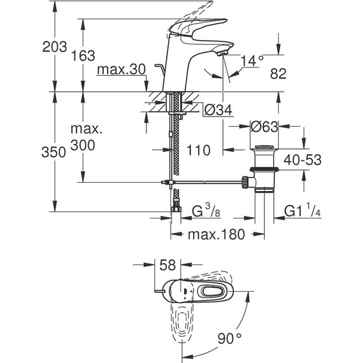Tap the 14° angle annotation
(x=252, y=60)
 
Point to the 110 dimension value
(x=197, y=151)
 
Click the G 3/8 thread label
(x=206, y=210)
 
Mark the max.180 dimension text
(x=216, y=234)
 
